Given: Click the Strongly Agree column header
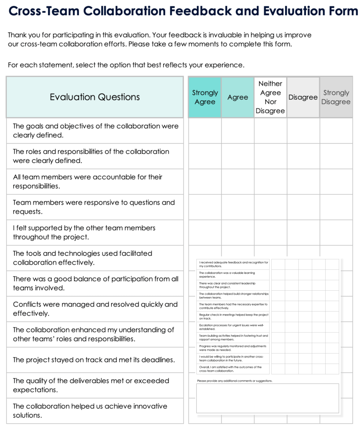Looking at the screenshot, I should tap(205, 97).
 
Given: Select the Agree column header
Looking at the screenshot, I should tap(238, 97).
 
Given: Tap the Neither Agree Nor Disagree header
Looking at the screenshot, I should tap(270, 97).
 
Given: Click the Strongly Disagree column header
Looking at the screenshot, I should tap(336, 97).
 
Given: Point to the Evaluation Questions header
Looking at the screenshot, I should tap(95, 97).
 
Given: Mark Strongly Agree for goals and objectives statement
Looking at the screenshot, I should tap(205, 131).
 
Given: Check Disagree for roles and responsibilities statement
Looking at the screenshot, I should tap(303, 156).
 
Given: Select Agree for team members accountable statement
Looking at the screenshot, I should tap(238, 181).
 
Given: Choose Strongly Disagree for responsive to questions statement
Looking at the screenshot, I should tap(336, 207).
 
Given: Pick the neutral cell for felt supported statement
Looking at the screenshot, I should tap(270, 232).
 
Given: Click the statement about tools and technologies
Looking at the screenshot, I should tap(82, 258).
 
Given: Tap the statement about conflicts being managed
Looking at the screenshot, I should tap(95, 309).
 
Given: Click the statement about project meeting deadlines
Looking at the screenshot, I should tap(94, 360).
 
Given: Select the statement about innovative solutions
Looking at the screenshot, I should tap(90, 410).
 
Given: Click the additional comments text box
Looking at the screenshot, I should tap(267, 398).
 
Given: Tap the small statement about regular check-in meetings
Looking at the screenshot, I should tap(234, 317).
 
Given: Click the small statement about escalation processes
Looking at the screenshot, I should tap(231, 327).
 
